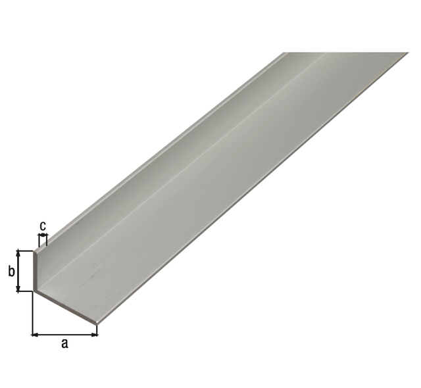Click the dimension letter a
(x=64, y=343)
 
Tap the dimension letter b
(x=11, y=272)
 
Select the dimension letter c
(x=43, y=226)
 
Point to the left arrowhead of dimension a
(x=35, y=335)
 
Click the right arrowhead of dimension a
(x=94, y=335)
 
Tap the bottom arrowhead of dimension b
(x=18, y=289)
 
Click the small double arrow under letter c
(x=43, y=235)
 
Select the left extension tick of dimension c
(x=39, y=240)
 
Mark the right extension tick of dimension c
(x=47, y=239)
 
